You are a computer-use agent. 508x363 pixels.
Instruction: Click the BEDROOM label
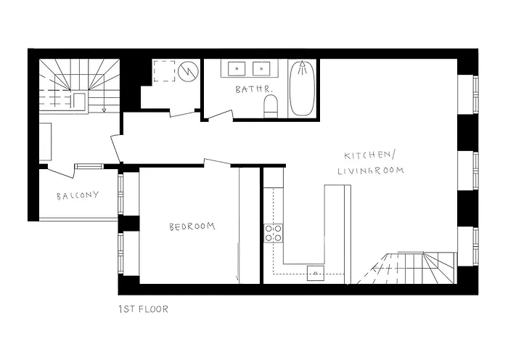coord(192,227)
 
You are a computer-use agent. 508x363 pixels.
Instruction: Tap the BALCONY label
coord(77,196)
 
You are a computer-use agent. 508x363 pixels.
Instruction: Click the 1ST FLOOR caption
coord(143,309)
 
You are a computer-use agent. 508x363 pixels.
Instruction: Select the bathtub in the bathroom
coord(302,90)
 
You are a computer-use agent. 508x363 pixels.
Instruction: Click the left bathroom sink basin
coord(237,70)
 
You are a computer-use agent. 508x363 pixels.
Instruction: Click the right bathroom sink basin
coord(261,70)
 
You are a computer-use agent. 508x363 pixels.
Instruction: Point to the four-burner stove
coord(274,232)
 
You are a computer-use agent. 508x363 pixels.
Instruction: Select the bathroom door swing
coord(218,114)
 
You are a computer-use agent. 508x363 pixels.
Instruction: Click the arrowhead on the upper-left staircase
coord(105,110)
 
